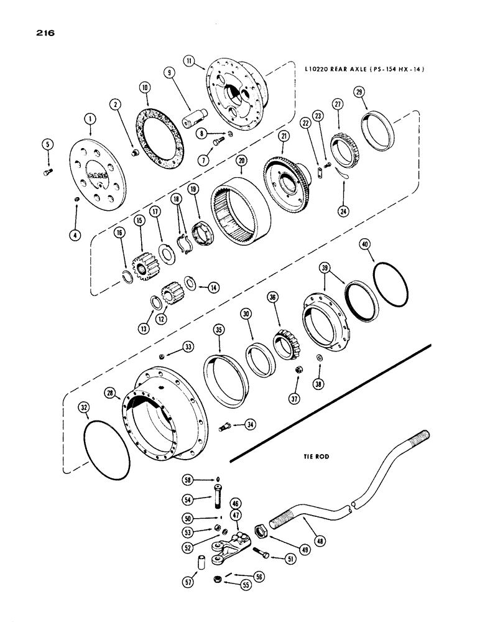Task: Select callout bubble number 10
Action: [x=144, y=89]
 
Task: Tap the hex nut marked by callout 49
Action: [x=262, y=532]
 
